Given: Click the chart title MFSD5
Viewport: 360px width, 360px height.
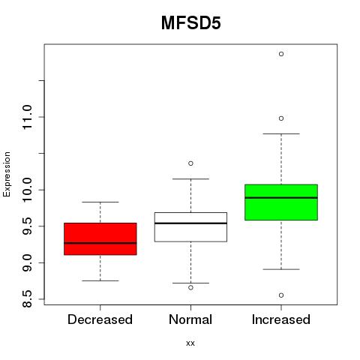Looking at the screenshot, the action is click(x=190, y=23).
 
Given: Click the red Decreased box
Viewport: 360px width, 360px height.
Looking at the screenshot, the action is click(x=100, y=238).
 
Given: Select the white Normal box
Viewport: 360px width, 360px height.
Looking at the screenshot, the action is click(x=190, y=227).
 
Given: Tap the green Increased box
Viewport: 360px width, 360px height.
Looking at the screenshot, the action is click(x=281, y=202).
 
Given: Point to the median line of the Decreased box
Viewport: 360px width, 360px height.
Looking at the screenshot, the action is click(x=100, y=243).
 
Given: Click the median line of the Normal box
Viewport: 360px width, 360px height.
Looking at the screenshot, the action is click(x=190, y=223).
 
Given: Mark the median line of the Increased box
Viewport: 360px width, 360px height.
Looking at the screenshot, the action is click(x=281, y=197).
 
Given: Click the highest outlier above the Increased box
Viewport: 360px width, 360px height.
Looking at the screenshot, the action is click(x=281, y=54).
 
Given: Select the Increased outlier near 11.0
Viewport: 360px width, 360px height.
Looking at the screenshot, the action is click(x=281, y=118).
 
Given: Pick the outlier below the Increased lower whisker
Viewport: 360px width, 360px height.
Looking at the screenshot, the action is click(x=281, y=295).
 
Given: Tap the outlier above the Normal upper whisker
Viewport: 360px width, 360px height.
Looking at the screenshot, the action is click(x=190, y=163).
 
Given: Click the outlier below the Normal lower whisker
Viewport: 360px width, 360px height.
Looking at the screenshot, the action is click(x=190, y=288).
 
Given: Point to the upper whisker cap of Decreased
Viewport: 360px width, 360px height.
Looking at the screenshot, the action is click(x=100, y=202).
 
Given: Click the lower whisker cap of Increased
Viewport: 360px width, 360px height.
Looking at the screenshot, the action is click(x=281, y=269).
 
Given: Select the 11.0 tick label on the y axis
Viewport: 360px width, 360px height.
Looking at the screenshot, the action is click(x=27, y=117).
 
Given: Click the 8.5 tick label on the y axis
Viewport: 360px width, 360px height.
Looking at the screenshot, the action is click(x=27, y=299).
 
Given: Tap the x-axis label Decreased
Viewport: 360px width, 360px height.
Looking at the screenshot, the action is click(x=100, y=319).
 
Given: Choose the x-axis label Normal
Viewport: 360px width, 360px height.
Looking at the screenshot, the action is click(x=190, y=319).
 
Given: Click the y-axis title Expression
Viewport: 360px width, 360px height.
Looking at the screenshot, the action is click(x=7, y=174).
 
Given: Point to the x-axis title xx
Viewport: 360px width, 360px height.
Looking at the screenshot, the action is click(x=190, y=343).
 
